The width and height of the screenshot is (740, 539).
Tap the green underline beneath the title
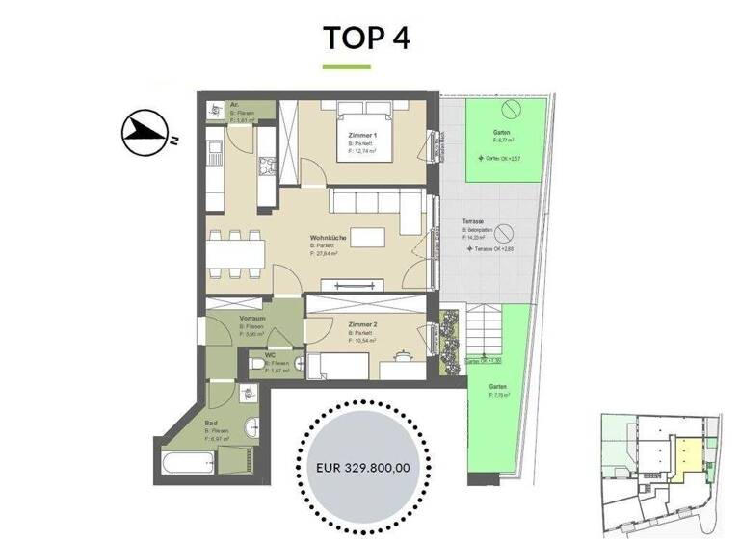(x=346, y=67)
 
